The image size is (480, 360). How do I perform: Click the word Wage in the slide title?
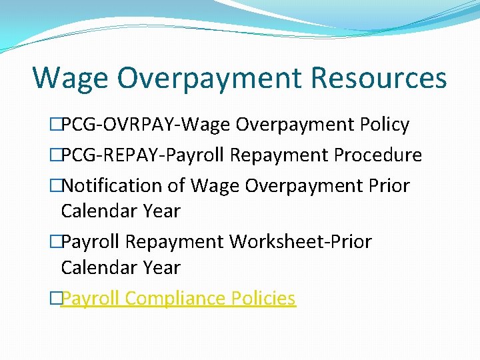pyautogui.click(x=69, y=77)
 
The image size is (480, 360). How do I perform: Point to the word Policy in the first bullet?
pyautogui.click(x=384, y=125)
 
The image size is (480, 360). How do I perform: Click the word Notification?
pyautogui.click(x=115, y=185)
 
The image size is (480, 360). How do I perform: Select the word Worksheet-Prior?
pyautogui.click(x=300, y=241)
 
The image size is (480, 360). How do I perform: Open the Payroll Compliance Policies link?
pyautogui.click(x=178, y=298)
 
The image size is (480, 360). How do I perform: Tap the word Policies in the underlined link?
pyautogui.click(x=263, y=298)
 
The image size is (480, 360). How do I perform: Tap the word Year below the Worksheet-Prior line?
pyautogui.click(x=161, y=267)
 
